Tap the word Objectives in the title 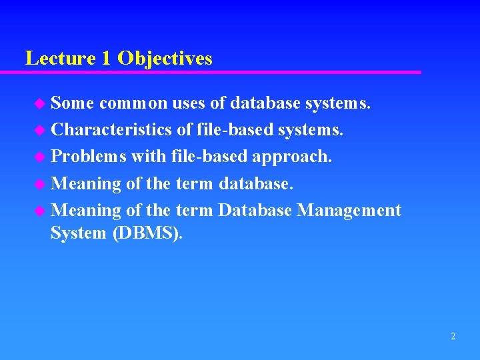165,59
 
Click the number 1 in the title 107,59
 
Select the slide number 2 453,337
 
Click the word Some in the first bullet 73,103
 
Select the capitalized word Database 255,211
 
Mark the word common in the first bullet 133,103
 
